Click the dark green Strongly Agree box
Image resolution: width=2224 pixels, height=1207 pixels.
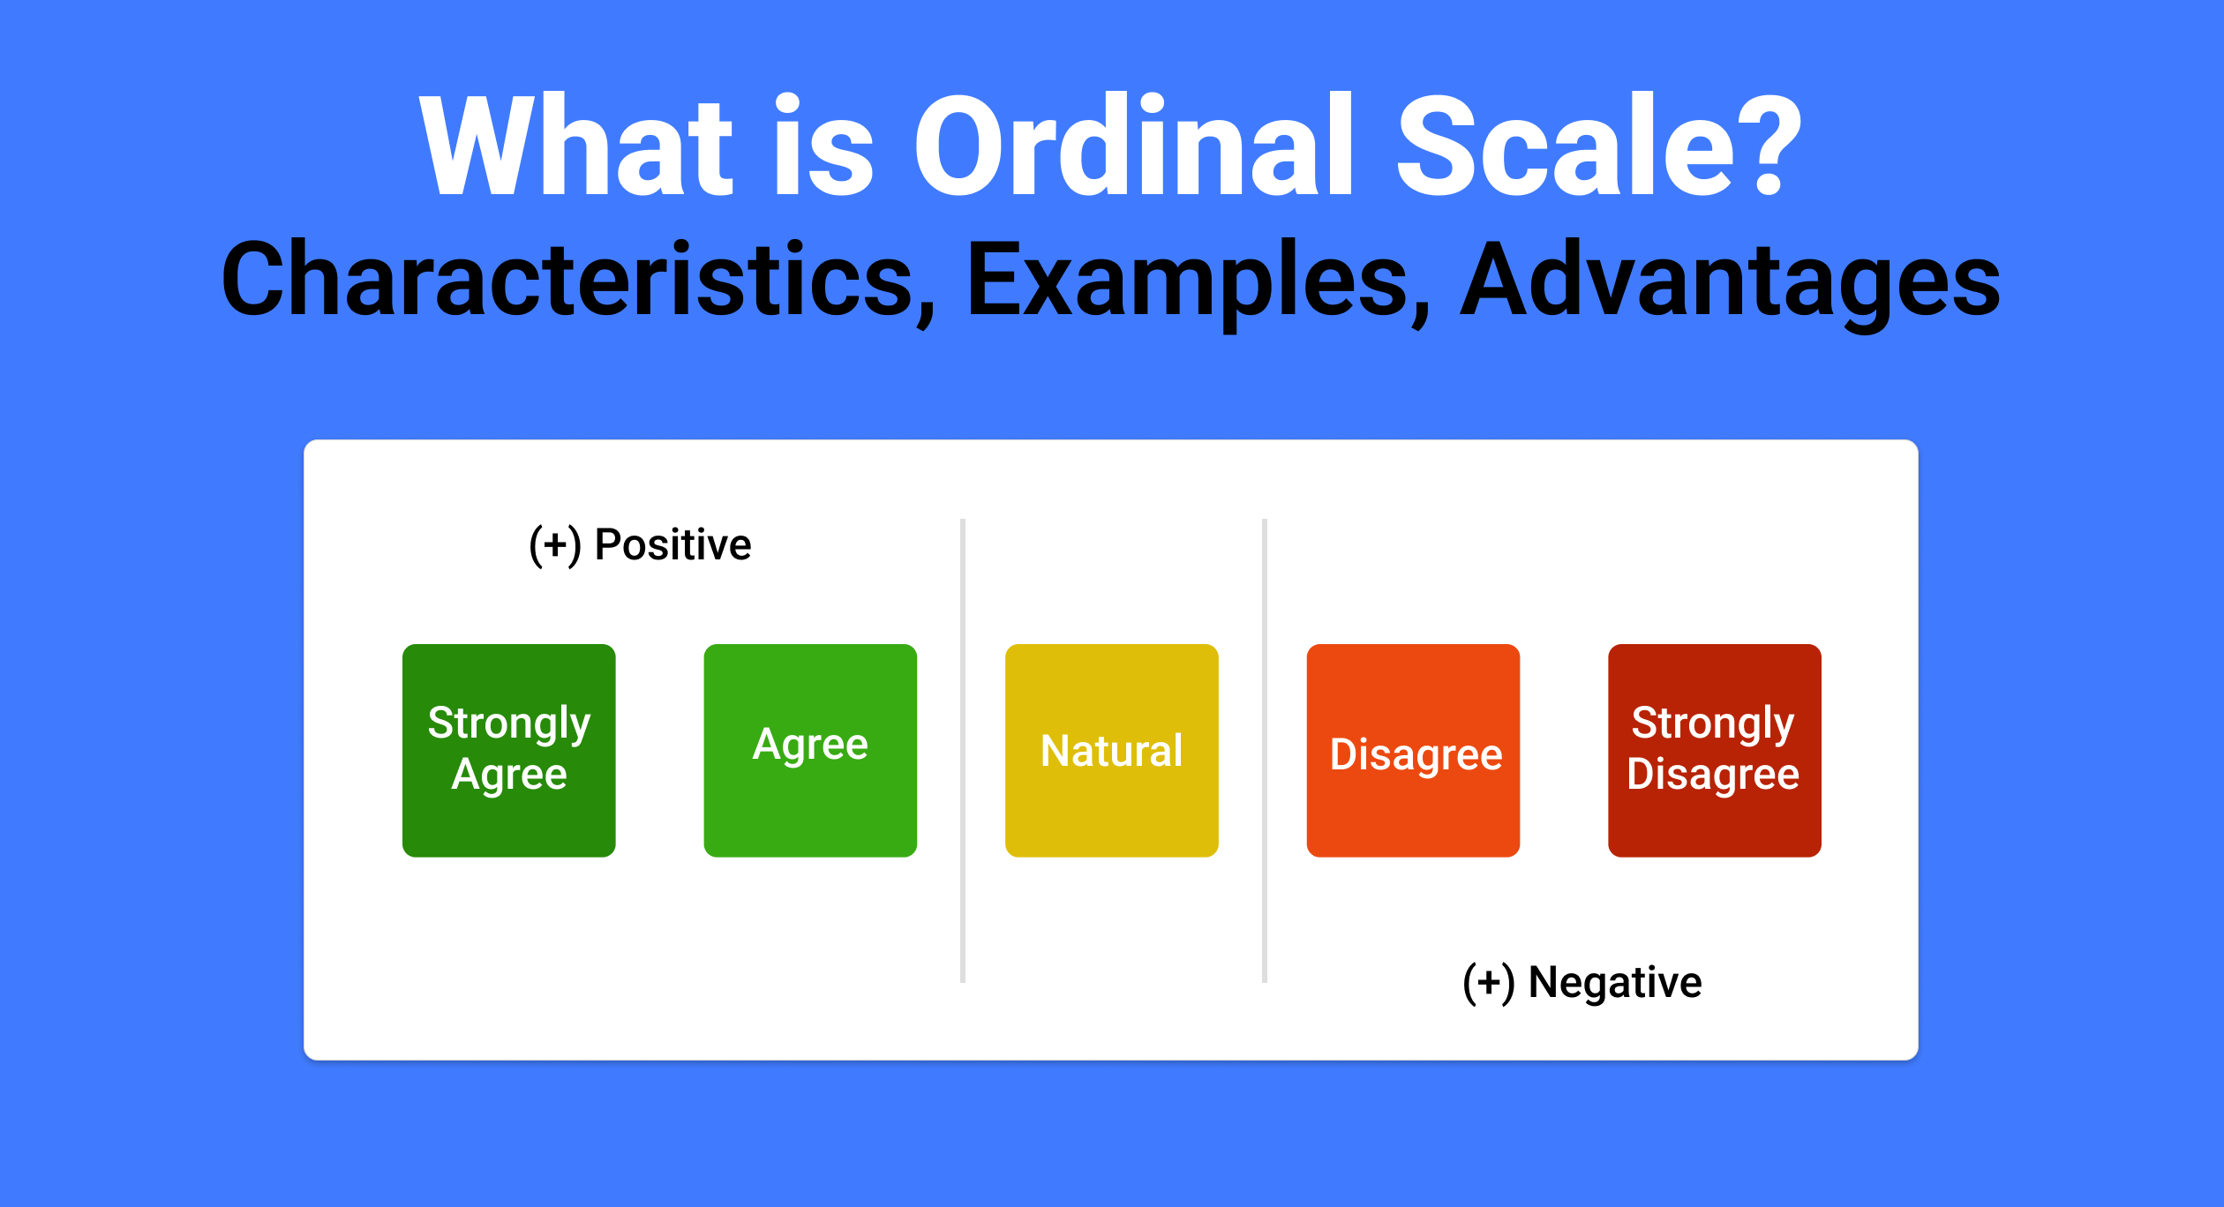(x=508, y=750)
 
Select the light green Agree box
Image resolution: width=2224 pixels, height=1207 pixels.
(x=810, y=750)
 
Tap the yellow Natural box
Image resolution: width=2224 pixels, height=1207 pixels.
(x=1112, y=750)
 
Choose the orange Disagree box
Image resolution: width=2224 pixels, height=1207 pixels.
(x=1413, y=750)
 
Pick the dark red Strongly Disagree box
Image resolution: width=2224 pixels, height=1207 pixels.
(x=1715, y=750)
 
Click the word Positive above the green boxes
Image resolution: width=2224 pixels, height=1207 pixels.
(x=672, y=544)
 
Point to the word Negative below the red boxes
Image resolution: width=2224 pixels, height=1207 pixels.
(x=1615, y=983)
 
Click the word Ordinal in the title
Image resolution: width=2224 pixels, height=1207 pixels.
(x=1133, y=145)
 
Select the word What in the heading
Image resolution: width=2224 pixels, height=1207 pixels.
(x=576, y=145)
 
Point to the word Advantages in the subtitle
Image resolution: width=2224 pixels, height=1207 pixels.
(x=1731, y=282)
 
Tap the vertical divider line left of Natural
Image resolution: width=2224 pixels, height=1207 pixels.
(x=963, y=751)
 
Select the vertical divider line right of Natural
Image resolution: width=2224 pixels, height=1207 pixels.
(x=1265, y=751)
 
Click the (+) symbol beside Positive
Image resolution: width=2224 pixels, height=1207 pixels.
(x=555, y=546)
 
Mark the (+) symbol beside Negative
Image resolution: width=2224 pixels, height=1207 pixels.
(x=1489, y=984)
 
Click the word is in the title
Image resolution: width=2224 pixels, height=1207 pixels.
(x=824, y=145)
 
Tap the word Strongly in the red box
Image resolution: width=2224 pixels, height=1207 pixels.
(x=1713, y=723)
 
